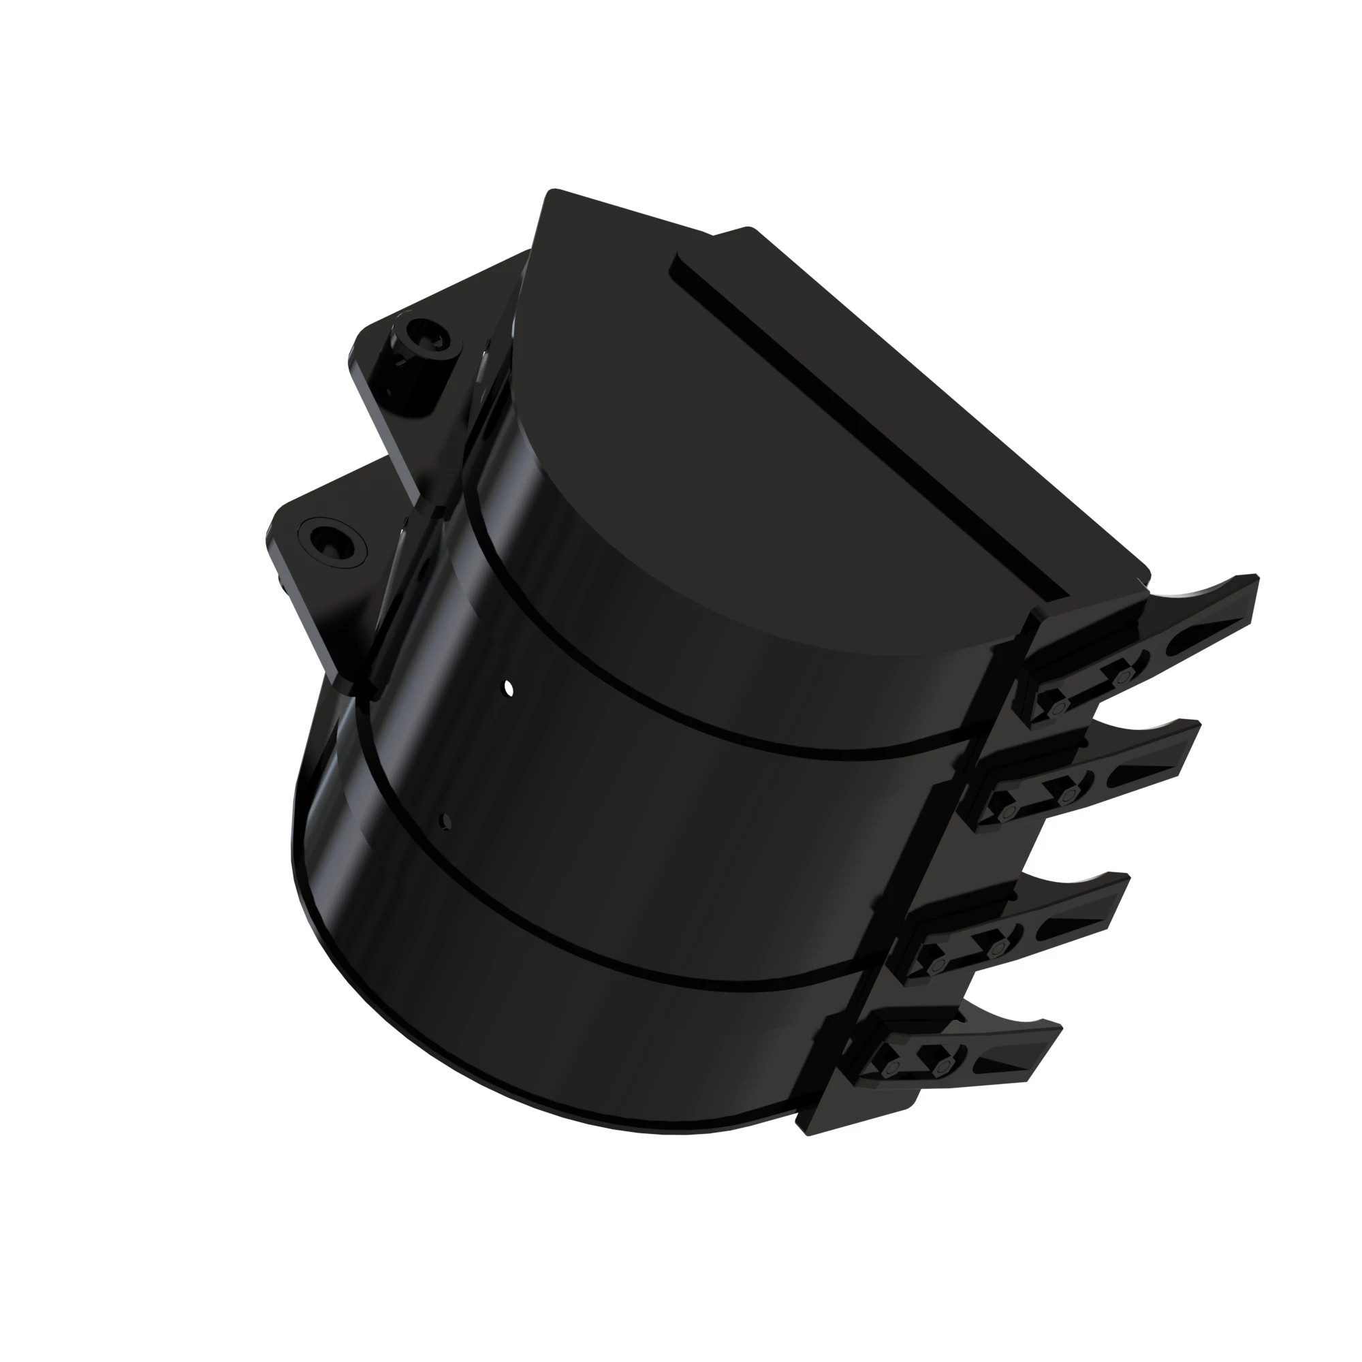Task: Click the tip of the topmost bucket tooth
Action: pos(1254,579)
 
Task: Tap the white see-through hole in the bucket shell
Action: pos(509,687)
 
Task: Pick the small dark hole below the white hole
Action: pos(445,820)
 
